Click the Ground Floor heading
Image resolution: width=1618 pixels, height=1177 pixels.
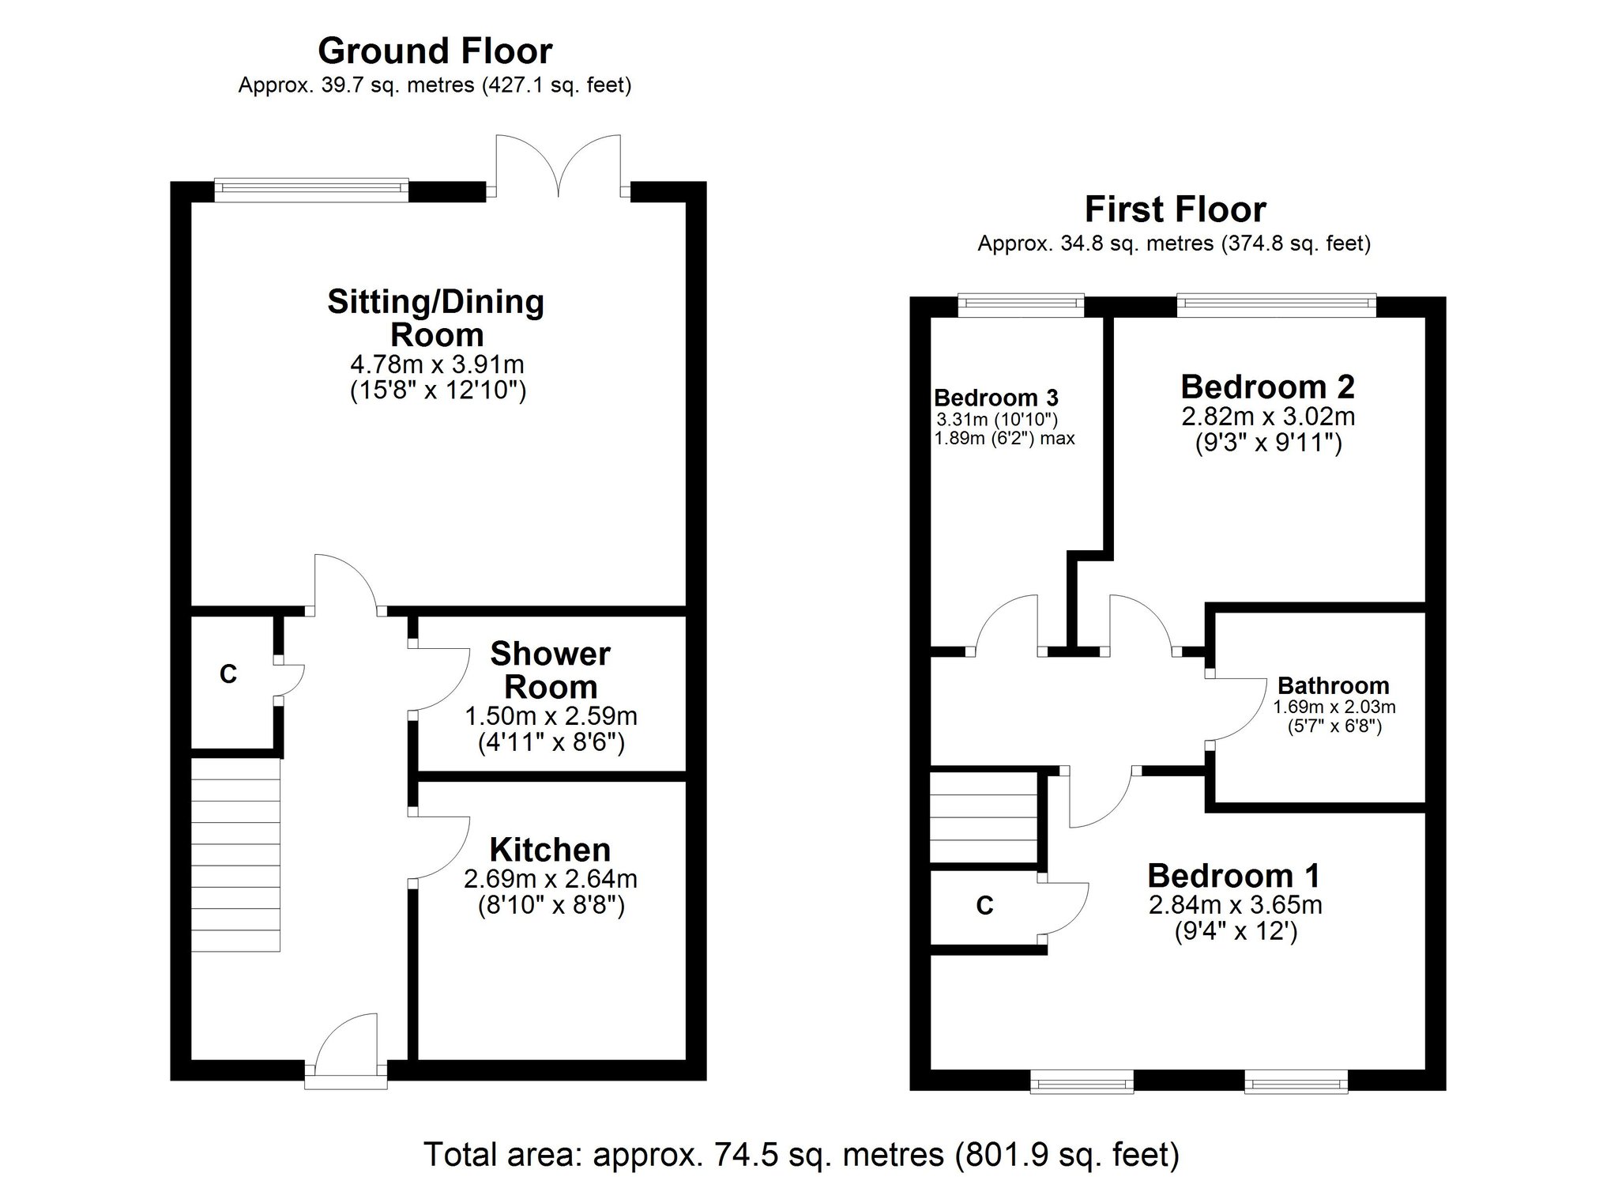(435, 51)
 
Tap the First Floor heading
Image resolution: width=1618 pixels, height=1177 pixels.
(1175, 209)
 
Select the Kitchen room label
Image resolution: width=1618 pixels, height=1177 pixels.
(550, 850)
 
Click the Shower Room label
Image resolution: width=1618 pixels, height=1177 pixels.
(550, 670)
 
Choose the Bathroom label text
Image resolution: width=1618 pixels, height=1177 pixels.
(1333, 685)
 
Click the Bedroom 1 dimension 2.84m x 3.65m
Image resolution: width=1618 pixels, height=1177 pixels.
(1236, 904)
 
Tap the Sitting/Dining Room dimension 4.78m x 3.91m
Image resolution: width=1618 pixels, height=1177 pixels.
(437, 364)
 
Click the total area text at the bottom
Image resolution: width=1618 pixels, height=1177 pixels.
(801, 1155)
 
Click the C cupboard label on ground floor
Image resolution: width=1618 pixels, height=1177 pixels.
(228, 674)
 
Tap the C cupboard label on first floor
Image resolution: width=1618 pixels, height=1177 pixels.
(984, 905)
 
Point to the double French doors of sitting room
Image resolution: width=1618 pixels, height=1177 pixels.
(559, 168)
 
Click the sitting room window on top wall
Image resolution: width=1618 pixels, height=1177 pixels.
(311, 187)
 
